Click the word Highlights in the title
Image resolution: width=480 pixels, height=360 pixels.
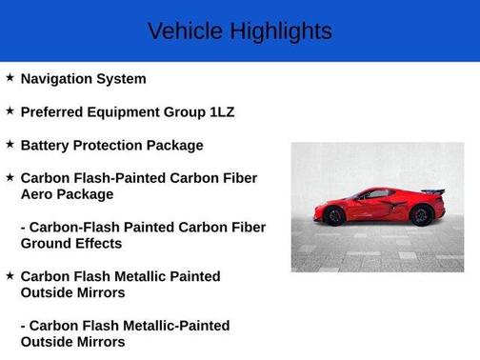coord(279,31)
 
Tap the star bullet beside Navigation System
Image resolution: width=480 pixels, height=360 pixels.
coord(10,78)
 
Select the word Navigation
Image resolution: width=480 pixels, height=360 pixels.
coord(60,79)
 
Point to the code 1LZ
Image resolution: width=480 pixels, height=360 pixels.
coord(222,112)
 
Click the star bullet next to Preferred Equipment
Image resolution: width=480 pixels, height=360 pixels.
coord(10,111)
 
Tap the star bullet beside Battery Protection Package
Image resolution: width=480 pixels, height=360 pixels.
coord(10,145)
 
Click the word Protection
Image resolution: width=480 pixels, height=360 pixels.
coord(110,146)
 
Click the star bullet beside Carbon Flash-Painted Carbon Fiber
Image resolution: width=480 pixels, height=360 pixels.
coord(10,177)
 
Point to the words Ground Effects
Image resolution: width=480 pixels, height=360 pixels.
coord(71,244)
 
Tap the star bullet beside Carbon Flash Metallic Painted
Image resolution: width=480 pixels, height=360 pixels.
coord(10,276)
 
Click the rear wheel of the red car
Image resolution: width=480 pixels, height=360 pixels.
coord(420,215)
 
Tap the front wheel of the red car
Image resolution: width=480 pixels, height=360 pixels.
coord(335,216)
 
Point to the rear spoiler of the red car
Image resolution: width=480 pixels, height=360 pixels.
coord(434,192)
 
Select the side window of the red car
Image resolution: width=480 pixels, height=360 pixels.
coord(379,194)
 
